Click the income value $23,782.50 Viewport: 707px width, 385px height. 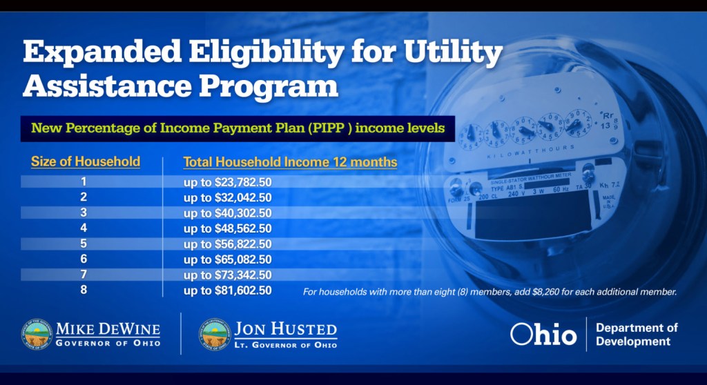[243, 182]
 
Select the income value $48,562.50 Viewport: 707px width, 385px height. [243, 228]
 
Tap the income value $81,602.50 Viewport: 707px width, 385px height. [243, 290]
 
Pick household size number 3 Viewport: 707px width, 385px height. [84, 213]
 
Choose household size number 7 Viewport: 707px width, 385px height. [84, 274]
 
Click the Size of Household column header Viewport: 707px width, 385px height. [86, 161]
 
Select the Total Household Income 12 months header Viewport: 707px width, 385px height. [290, 162]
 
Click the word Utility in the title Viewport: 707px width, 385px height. [453, 52]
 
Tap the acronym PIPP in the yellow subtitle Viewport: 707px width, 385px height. [332, 128]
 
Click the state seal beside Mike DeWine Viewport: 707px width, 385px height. [37, 335]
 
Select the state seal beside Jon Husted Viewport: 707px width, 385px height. [215, 335]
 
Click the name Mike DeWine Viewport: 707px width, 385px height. [108, 329]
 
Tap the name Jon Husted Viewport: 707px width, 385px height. [285, 329]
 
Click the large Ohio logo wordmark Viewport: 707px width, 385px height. [543, 335]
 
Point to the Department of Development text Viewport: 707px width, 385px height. [637, 335]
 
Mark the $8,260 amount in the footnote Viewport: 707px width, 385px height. [545, 292]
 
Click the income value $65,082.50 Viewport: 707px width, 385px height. [243, 259]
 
